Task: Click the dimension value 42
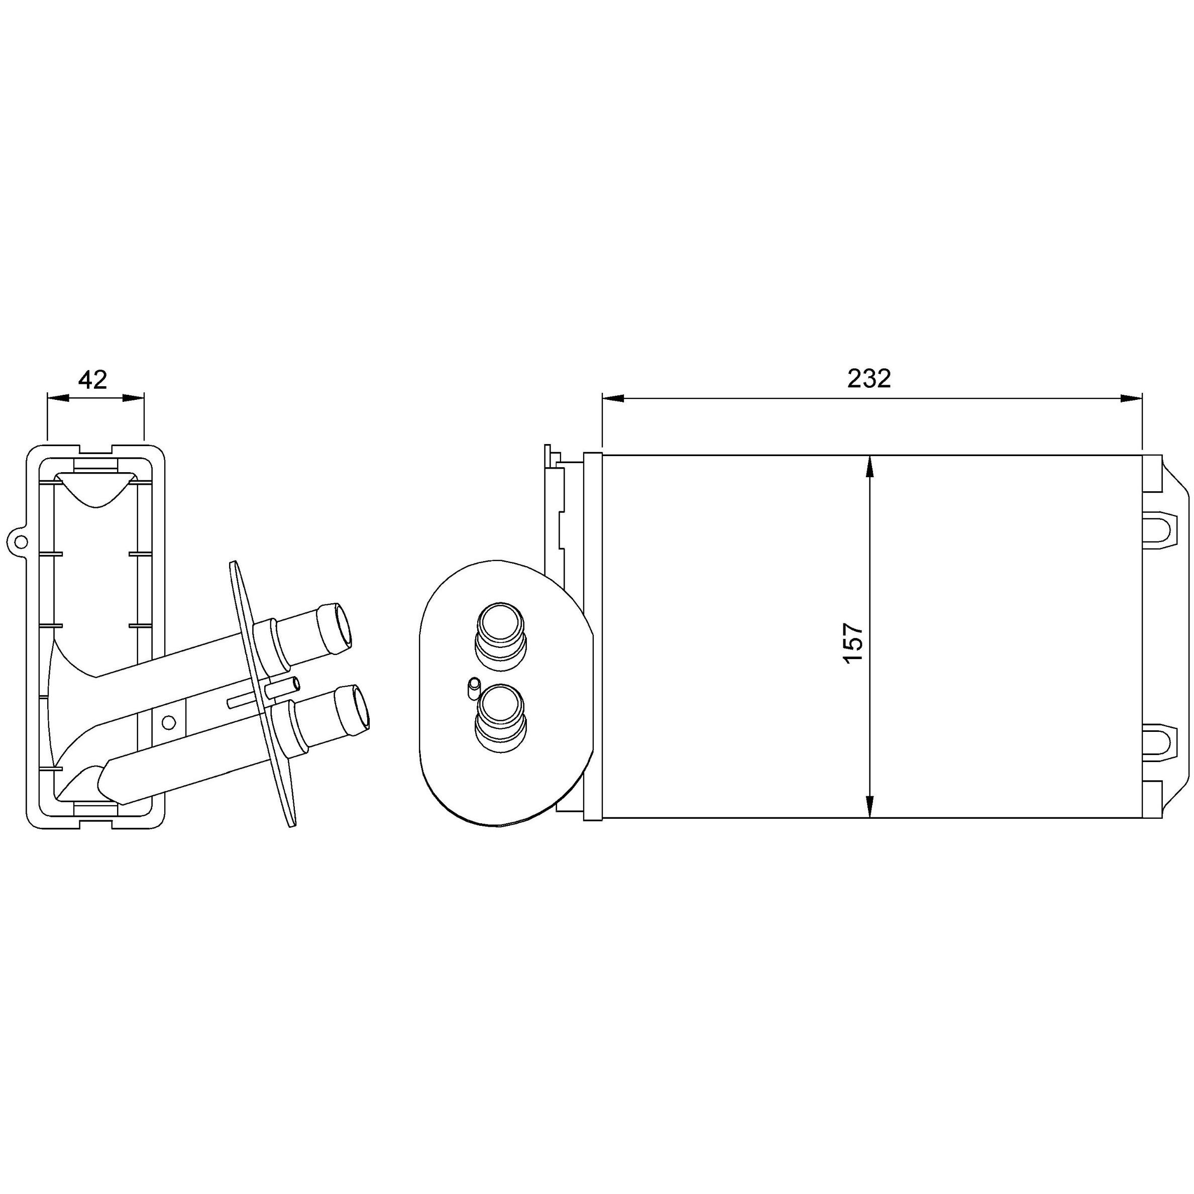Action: pyautogui.click(x=93, y=379)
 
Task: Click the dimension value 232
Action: pyautogui.click(x=869, y=379)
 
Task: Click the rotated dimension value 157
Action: pyautogui.click(x=853, y=643)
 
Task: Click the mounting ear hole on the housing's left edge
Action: pyautogui.click(x=21, y=542)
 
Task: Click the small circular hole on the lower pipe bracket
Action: pyautogui.click(x=168, y=722)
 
